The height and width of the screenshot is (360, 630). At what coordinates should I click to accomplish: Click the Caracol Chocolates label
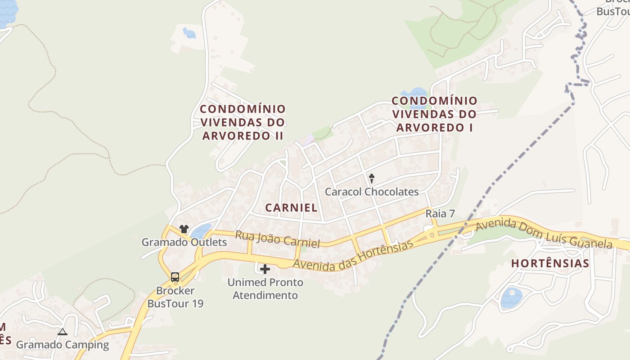(372, 192)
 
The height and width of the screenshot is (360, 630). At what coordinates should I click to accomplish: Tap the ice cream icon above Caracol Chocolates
(372, 178)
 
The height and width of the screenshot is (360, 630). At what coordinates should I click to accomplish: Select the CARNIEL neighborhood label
(291, 207)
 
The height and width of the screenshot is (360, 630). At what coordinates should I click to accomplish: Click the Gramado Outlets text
(184, 242)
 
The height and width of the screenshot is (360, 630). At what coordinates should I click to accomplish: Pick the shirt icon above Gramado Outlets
(184, 229)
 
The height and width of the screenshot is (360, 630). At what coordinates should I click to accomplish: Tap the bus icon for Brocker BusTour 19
(175, 277)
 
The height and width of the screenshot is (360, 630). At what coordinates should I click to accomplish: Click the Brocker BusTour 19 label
(175, 297)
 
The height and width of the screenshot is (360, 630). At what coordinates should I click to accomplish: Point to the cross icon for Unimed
(265, 269)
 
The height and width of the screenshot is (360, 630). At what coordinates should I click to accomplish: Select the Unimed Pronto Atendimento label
(265, 289)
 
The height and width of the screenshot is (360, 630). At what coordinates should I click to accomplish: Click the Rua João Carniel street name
(277, 239)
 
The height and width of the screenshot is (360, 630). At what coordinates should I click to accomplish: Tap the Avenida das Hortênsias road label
(353, 256)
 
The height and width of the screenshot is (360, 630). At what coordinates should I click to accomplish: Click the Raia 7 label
(440, 214)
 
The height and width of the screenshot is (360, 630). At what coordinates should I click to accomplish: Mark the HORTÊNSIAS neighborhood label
(550, 263)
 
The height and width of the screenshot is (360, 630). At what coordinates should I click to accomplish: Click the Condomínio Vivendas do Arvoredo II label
(243, 122)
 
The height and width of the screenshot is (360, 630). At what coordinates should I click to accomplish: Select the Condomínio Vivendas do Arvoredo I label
(434, 114)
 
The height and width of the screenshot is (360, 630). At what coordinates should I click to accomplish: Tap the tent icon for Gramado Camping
(62, 332)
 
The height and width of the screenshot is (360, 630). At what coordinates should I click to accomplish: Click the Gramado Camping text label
(63, 345)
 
